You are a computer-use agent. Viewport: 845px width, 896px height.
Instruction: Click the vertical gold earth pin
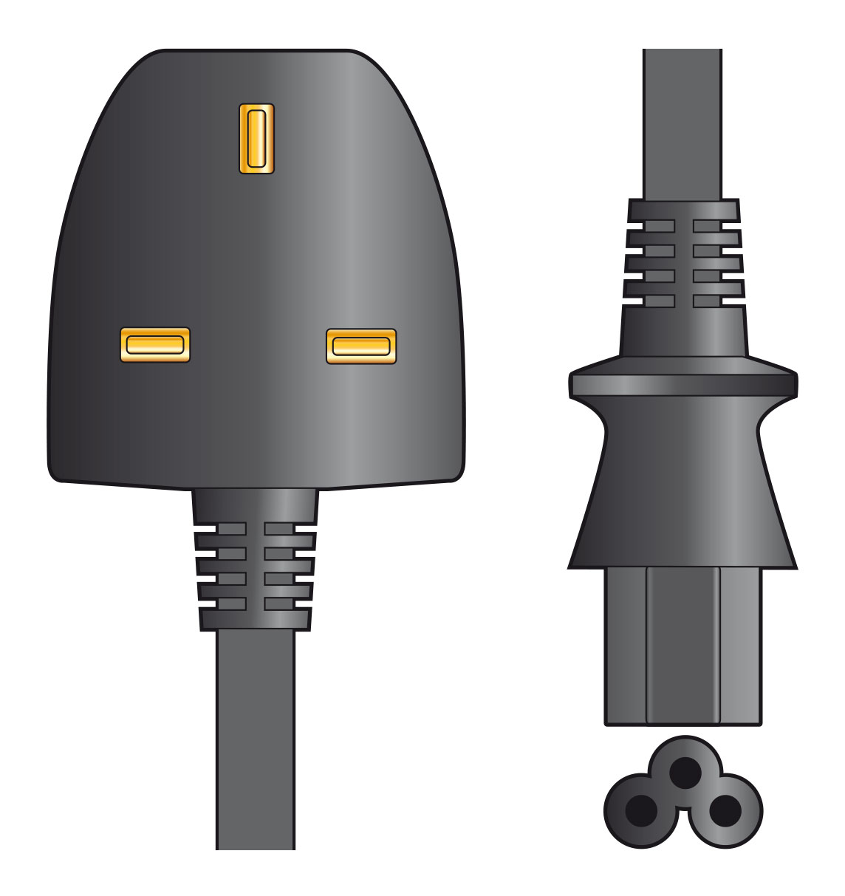pyautogui.click(x=256, y=138)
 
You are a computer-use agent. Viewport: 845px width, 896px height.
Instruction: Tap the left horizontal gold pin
pyautogui.click(x=154, y=345)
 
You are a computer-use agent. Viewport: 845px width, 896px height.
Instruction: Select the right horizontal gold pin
pyautogui.click(x=361, y=346)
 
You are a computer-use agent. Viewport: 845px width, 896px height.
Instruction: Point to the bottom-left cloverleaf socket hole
pyautogui.click(x=640, y=811)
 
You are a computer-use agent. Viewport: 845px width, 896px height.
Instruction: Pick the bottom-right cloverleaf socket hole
pyautogui.click(x=725, y=811)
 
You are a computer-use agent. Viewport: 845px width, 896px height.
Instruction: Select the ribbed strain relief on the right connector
pyautogui.click(x=683, y=263)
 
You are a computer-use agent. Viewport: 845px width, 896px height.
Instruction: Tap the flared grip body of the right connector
pyautogui.click(x=683, y=488)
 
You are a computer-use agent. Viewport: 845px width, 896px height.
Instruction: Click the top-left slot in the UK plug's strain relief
pyautogui.click(x=231, y=529)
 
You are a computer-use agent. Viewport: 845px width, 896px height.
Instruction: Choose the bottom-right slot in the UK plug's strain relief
pyautogui.click(x=278, y=603)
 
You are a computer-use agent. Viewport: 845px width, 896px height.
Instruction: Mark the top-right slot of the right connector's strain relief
pyautogui.click(x=707, y=225)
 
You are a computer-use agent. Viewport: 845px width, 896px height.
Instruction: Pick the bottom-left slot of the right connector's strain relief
pyautogui.click(x=659, y=301)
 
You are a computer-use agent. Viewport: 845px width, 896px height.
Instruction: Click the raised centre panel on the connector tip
pyautogui.click(x=683, y=646)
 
